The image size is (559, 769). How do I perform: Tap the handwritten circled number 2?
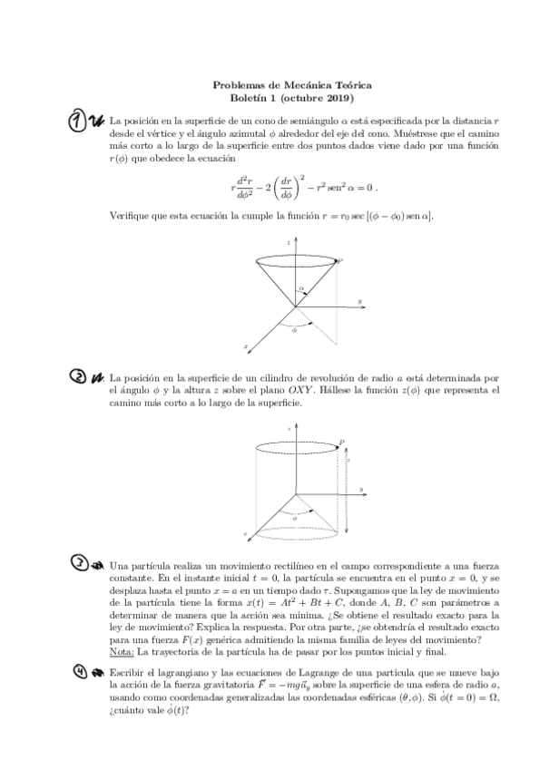tap(77, 377)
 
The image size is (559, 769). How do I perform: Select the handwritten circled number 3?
tap(80, 564)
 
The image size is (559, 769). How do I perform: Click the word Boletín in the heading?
tap(250, 98)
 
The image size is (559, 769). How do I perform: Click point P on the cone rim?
tap(340, 260)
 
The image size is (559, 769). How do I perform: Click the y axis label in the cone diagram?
tap(360, 300)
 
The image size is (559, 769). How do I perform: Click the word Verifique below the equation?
tap(131, 217)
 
